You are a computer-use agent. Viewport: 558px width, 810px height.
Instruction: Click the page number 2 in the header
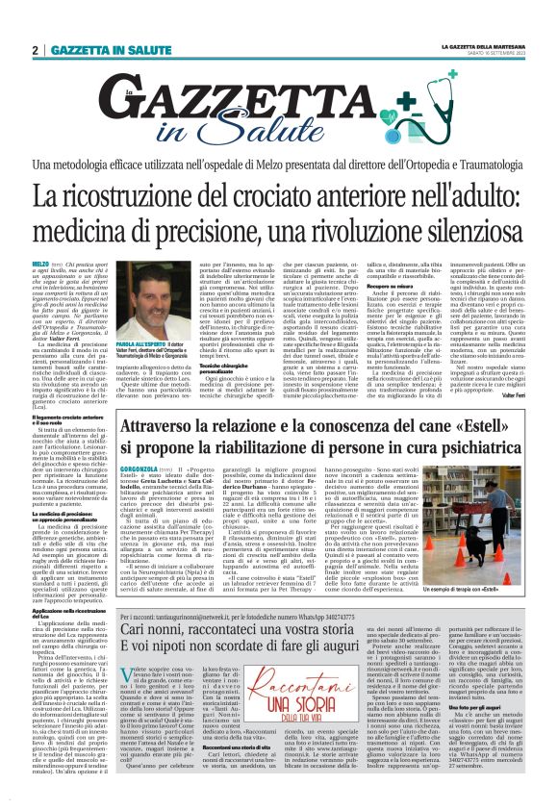click(x=35, y=49)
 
